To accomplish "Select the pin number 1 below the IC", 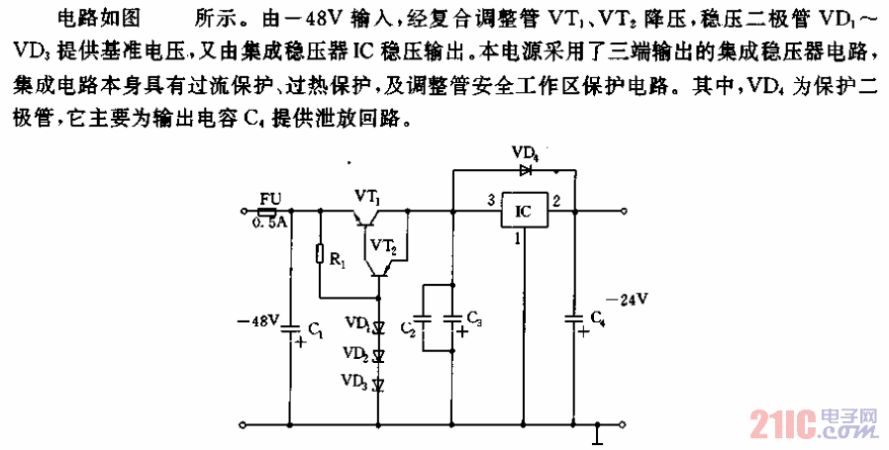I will click(516, 238).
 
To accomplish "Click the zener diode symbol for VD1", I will click(378, 326).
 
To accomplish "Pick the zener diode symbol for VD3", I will click(378, 382).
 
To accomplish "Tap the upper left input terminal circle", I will click(246, 212).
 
